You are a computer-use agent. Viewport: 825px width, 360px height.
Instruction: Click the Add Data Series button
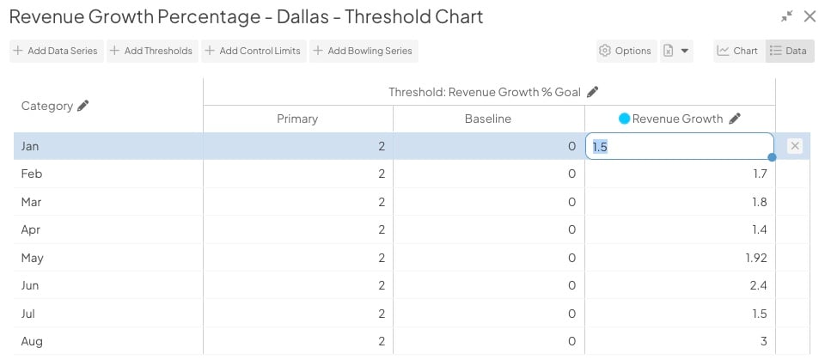(x=56, y=51)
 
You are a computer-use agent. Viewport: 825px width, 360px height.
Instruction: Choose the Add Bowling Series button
(x=364, y=51)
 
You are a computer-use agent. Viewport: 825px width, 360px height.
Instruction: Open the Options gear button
(x=626, y=51)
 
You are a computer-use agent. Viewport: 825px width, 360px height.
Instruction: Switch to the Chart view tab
(x=738, y=51)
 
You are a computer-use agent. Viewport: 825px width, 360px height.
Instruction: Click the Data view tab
(x=789, y=51)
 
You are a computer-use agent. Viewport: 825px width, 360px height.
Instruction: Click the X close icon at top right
(x=810, y=16)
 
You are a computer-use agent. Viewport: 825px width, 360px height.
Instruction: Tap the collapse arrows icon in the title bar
(x=787, y=16)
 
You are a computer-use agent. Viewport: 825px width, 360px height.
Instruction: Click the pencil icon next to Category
(x=83, y=106)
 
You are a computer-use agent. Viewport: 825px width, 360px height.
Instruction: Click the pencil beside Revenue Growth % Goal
(x=593, y=92)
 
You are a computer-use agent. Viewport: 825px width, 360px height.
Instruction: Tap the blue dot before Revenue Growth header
(x=624, y=119)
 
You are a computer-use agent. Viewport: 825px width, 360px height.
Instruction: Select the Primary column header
(x=297, y=119)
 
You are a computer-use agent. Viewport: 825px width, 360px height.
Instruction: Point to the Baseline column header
(x=488, y=119)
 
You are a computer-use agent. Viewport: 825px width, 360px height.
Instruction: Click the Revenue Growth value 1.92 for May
(x=756, y=258)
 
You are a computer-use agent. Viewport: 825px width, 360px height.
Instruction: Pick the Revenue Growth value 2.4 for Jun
(x=758, y=285)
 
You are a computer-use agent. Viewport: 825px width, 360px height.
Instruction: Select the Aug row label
(x=31, y=341)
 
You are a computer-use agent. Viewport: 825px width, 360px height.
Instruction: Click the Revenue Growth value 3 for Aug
(x=763, y=341)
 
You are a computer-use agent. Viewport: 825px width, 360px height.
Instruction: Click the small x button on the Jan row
(x=795, y=146)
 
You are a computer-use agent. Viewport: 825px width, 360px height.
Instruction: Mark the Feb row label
(x=31, y=174)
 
